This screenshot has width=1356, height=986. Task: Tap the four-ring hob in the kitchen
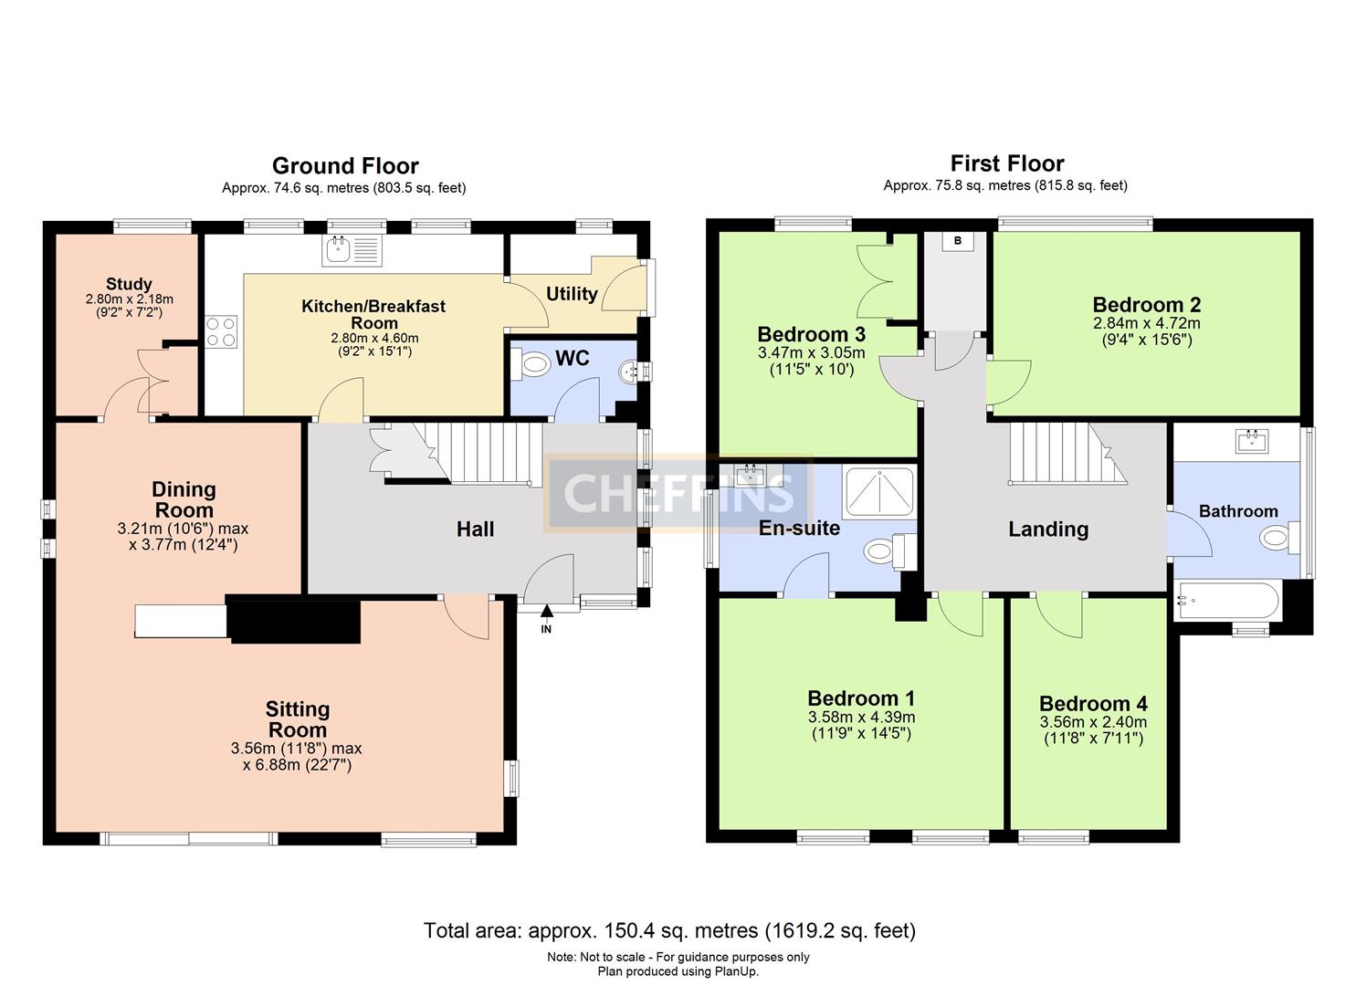tap(221, 330)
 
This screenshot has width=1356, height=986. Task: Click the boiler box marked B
tap(957, 241)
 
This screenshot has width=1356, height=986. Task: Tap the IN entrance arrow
tap(546, 619)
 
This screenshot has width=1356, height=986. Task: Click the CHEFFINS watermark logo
tap(678, 494)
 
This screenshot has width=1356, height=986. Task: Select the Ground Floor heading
tap(345, 166)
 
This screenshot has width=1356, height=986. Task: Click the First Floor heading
tap(1006, 163)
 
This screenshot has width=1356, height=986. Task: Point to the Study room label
tap(129, 284)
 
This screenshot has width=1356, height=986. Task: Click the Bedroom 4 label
tap(1093, 704)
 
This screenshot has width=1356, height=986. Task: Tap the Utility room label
tap(572, 294)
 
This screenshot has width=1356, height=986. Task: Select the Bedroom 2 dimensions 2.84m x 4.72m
tap(1146, 323)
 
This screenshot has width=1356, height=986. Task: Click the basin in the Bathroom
tap(1252, 441)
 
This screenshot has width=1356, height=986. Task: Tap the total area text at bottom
tap(668, 930)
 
